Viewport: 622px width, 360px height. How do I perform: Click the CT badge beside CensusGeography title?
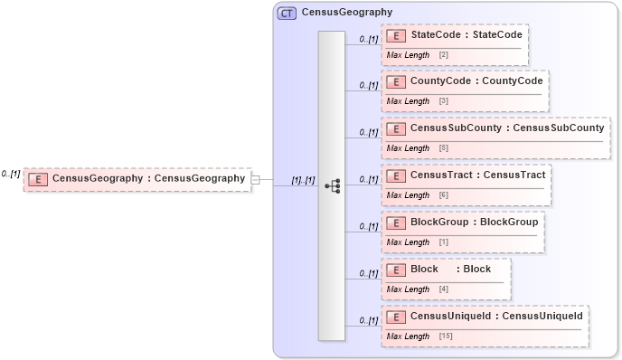pyautogui.click(x=287, y=13)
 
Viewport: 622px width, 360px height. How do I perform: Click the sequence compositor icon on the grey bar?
pyautogui.click(x=332, y=186)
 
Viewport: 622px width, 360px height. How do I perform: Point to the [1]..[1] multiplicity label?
pyautogui.click(x=303, y=180)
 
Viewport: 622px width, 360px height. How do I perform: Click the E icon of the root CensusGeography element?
pyautogui.click(x=38, y=179)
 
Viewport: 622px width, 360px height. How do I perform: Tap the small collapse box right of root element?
pyautogui.click(x=256, y=180)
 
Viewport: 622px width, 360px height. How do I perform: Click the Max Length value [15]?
pyautogui.click(x=446, y=336)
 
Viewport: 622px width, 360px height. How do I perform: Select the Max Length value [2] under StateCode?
pyautogui.click(x=443, y=55)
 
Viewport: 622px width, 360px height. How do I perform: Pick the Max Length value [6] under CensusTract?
pyautogui.click(x=443, y=195)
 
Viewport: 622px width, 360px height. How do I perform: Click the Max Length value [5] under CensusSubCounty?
pyautogui.click(x=443, y=148)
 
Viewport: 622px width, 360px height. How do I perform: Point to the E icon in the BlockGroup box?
pyautogui.click(x=395, y=223)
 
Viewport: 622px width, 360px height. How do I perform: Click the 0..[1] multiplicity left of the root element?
pyautogui.click(x=11, y=173)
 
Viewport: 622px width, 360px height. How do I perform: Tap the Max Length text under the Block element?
pyautogui.click(x=408, y=289)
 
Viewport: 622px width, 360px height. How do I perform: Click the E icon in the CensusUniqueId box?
pyautogui.click(x=395, y=317)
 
